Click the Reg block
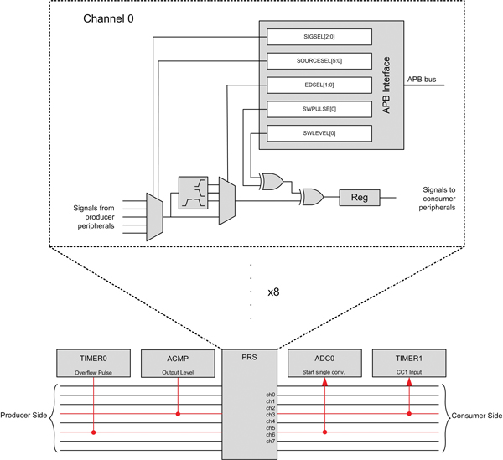coord(359,198)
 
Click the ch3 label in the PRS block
coord(269,414)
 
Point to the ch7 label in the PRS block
coord(269,441)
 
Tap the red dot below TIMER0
coord(93,432)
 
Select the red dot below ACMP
coord(176,414)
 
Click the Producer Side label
coord(26,415)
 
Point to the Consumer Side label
coord(474,415)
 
